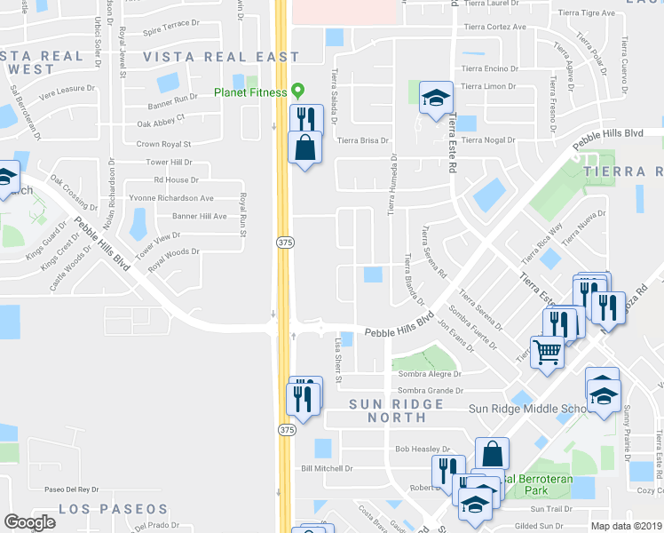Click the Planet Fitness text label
coord(250,91)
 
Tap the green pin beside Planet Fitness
coord(298,91)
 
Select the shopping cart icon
coord(547,351)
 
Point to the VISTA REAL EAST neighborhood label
coord(221,57)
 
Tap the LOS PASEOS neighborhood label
coord(114,509)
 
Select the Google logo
coord(28,522)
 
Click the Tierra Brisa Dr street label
coord(363,140)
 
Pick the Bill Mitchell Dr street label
coord(327,468)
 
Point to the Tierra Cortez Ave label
coord(494,27)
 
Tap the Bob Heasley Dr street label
coord(423,449)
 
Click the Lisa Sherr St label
coord(337,355)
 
